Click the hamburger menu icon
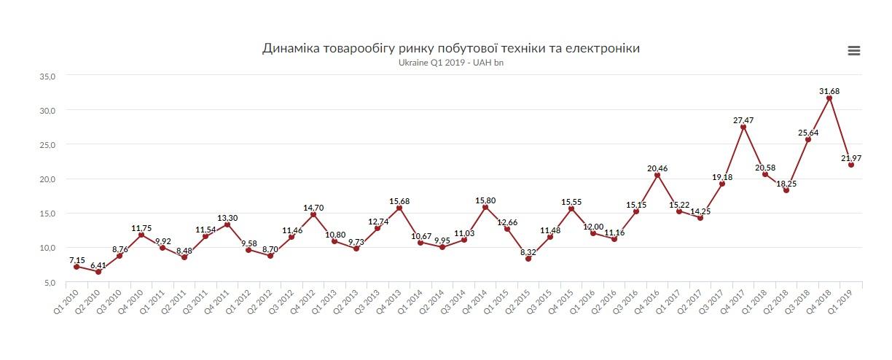tap(854, 51)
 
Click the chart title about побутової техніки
tap(451, 48)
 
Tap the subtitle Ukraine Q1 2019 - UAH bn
tap(450, 63)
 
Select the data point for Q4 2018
tap(829, 98)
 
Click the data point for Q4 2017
tap(743, 127)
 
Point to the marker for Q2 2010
tap(98, 272)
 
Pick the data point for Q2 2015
tap(528, 259)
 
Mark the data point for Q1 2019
tap(851, 165)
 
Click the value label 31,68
tap(829, 91)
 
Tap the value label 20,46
tap(657, 168)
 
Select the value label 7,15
tap(77, 260)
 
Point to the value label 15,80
tap(485, 200)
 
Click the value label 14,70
tap(313, 208)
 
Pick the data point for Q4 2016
tap(657, 175)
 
